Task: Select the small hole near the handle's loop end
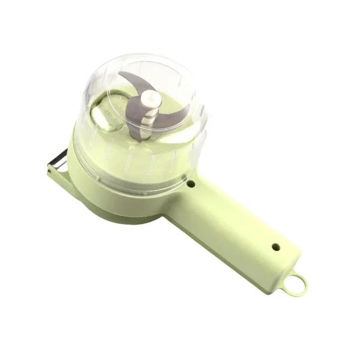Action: tap(275, 246)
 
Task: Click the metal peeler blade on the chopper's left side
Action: tap(59, 163)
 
